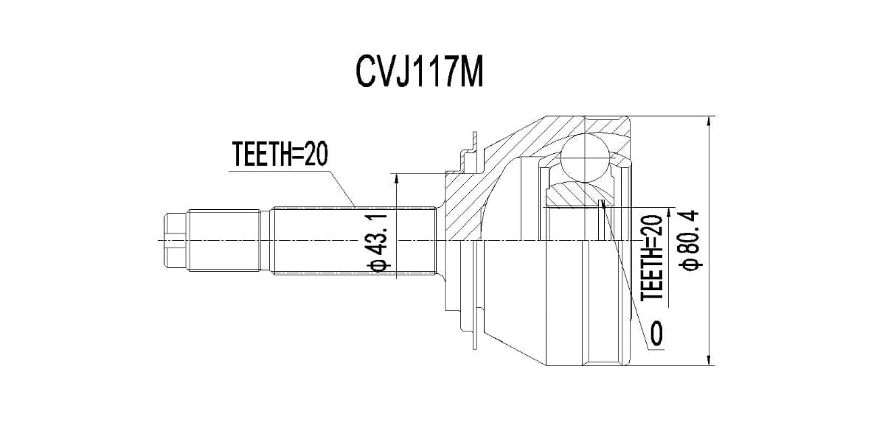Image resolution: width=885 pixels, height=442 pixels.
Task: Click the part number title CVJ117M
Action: [x=420, y=72]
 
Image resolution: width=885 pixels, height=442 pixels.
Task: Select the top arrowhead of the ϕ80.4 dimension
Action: [x=709, y=120]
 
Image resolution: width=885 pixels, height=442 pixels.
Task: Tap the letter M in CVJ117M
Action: [x=471, y=72]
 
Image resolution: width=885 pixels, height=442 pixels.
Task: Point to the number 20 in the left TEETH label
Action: [x=313, y=155]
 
